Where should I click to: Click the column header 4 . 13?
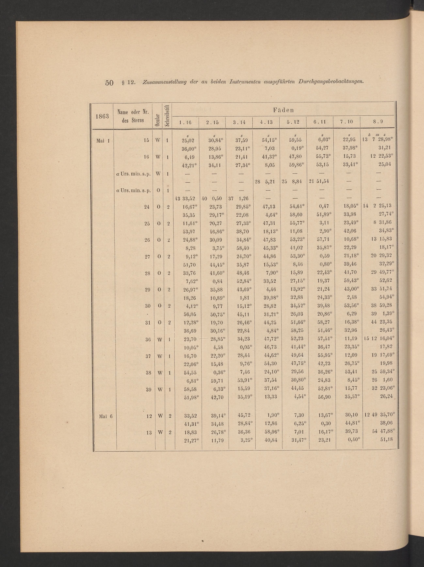[267, 122]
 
